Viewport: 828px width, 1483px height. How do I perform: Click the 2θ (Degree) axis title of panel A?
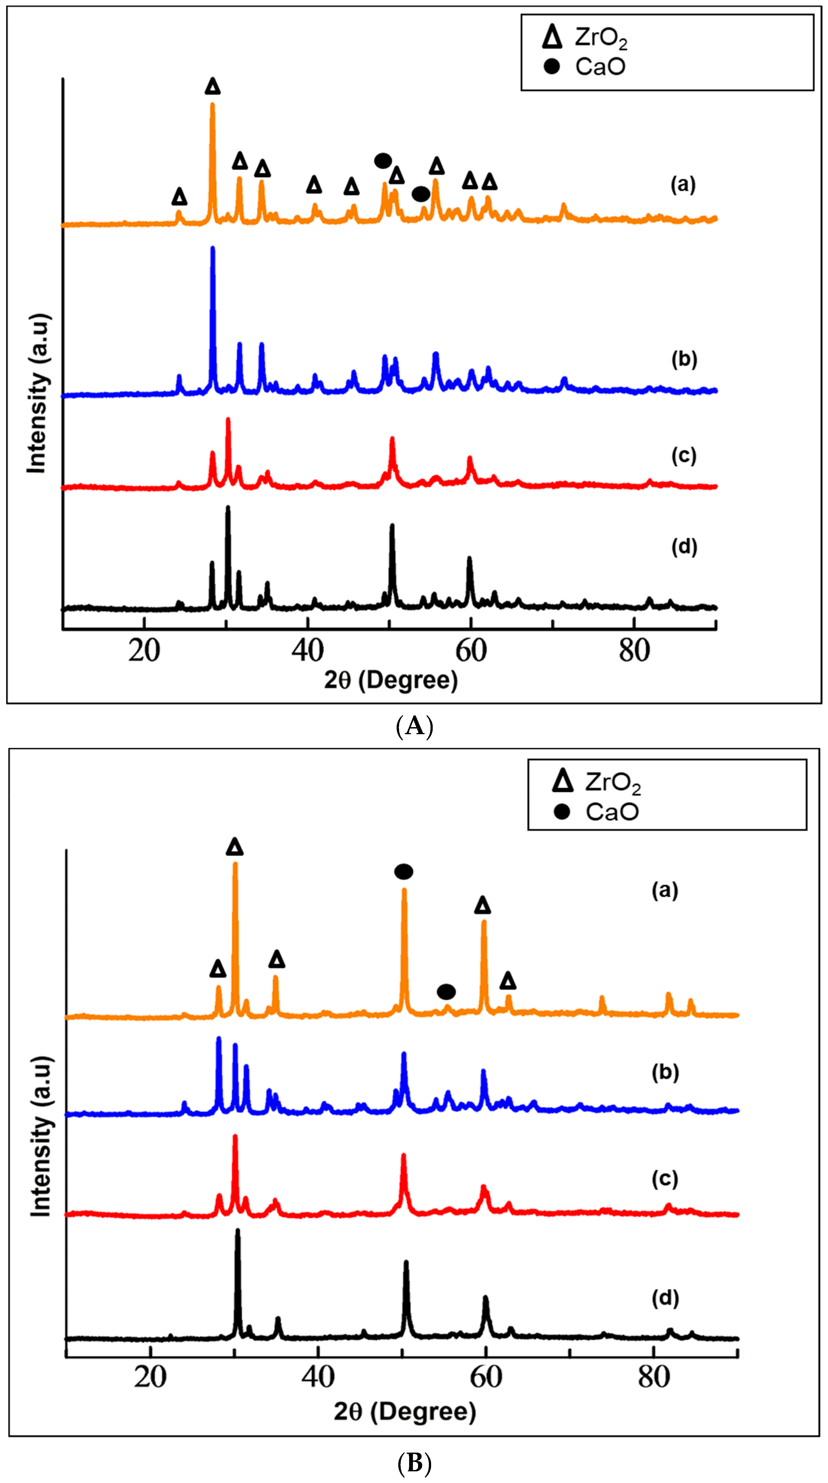click(x=391, y=680)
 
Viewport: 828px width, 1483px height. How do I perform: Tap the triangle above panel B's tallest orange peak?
click(x=235, y=847)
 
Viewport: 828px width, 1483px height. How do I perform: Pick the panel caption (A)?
click(x=414, y=727)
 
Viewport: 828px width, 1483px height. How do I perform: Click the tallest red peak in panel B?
click(x=235, y=1137)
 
